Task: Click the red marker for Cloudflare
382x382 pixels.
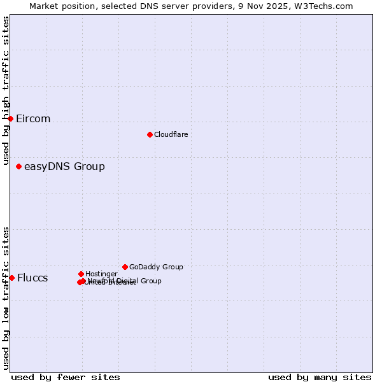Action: coord(150,134)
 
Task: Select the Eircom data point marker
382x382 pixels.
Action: coord(11,118)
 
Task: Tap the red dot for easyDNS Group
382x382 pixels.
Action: coord(18,166)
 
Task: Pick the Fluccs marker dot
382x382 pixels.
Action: coord(11,278)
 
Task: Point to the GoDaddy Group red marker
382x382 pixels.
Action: coord(125,267)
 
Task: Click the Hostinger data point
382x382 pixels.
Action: coord(81,274)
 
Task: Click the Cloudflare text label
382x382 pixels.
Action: coord(171,134)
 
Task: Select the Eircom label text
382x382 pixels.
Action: coord(33,119)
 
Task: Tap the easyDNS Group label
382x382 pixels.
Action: coord(64,167)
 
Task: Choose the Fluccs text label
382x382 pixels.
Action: coord(32,278)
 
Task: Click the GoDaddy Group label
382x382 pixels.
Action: coord(156,267)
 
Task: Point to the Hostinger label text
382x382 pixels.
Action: coord(101,274)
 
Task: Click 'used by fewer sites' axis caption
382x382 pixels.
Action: coord(66,378)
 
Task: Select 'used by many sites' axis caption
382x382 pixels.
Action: coord(320,378)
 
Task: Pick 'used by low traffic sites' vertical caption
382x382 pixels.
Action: coord(6,298)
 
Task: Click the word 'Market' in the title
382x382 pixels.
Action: coord(45,6)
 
